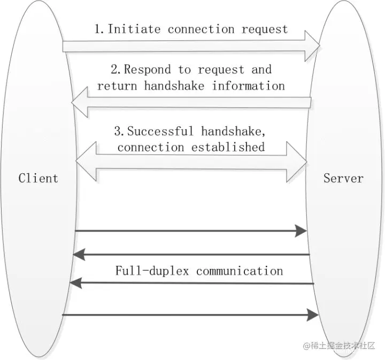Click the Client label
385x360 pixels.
click(38, 178)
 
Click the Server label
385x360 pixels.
click(343, 178)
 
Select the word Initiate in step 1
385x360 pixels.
click(135, 29)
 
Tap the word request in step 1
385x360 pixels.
click(264, 29)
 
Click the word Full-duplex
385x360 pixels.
click(153, 271)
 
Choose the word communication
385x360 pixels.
click(240, 271)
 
